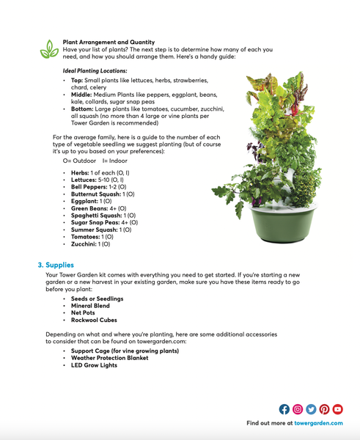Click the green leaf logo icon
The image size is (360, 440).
coord(49,49)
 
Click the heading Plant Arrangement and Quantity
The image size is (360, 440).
coord(109,43)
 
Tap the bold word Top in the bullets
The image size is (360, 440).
coord(76,80)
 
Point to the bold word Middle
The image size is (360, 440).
coord(81,95)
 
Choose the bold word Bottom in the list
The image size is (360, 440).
coord(82,109)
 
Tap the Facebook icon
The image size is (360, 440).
coord(284,409)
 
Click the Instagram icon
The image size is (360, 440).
coord(298,409)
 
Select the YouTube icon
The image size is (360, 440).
coord(338,409)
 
